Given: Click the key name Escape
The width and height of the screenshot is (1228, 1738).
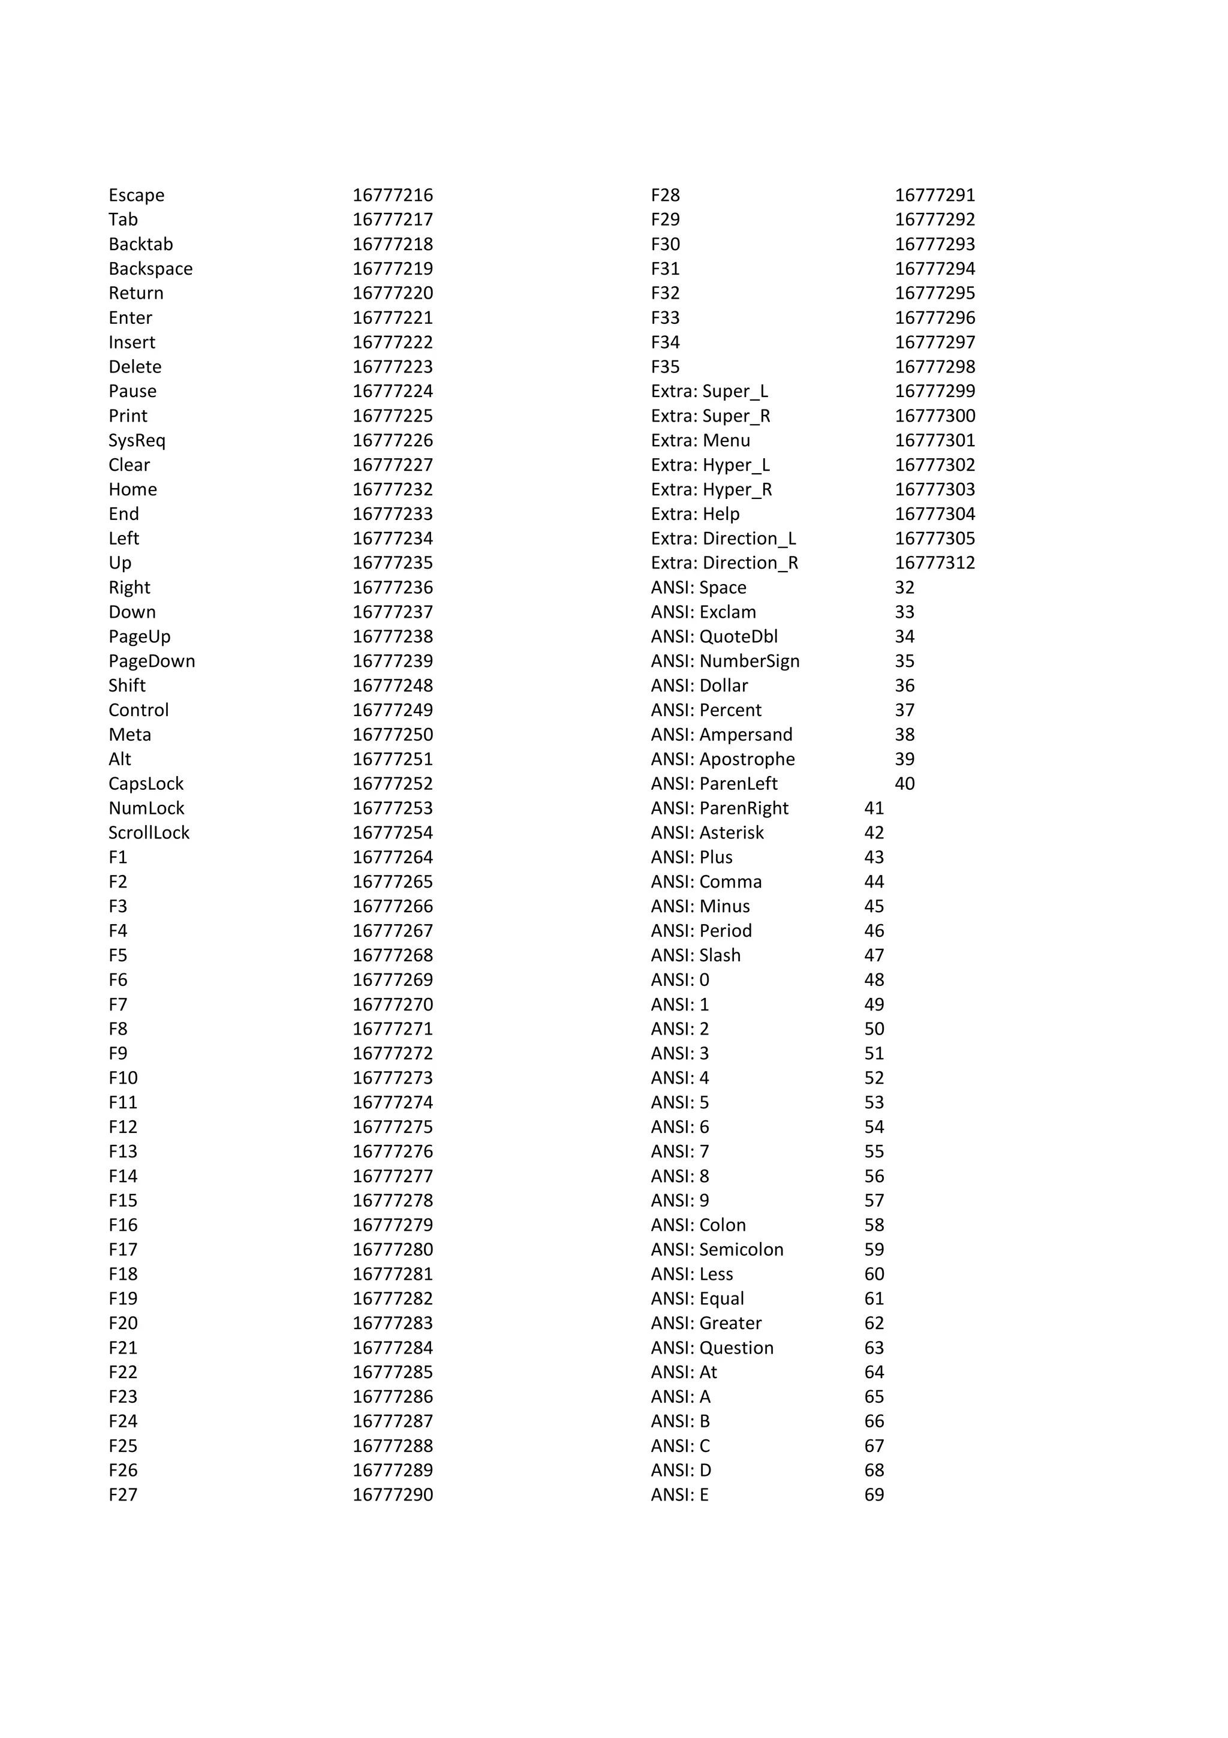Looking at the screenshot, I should tap(136, 196).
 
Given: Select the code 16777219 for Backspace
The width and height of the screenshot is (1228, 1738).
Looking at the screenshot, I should tap(393, 269).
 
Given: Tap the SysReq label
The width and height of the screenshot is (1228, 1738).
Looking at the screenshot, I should tap(136, 441).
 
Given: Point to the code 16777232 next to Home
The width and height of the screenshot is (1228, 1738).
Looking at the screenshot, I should tap(393, 490).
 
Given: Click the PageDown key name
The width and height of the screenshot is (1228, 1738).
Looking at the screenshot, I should tap(151, 661).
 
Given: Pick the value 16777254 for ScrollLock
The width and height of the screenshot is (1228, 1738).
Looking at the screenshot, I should tap(393, 832).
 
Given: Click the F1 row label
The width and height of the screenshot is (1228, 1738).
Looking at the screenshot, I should tap(118, 858).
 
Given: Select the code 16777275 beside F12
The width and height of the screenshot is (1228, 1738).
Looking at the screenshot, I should tap(393, 1127).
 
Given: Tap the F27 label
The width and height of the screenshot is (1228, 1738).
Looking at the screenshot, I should tap(122, 1495).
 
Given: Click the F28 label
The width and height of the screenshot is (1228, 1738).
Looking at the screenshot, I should tap(665, 196).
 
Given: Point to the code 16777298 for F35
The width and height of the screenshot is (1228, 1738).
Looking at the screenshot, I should tap(935, 367).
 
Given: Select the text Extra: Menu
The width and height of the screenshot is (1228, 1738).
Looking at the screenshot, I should tap(700, 441).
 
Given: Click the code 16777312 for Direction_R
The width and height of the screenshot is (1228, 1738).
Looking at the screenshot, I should tap(935, 563).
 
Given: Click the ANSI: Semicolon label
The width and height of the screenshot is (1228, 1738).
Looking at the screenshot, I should tap(717, 1250).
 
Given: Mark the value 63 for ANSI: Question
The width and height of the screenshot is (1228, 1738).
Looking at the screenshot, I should tap(874, 1348).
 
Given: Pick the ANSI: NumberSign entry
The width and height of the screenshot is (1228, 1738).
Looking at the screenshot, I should tap(725, 661).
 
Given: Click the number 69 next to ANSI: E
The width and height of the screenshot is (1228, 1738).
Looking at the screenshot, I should tap(874, 1495).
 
